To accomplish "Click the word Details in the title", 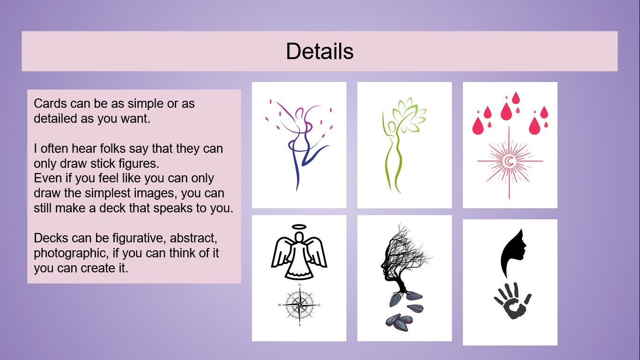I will (x=320, y=51).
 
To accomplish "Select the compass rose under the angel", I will (x=299, y=305).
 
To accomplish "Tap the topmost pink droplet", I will (x=516, y=97).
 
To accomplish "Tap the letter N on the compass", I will (x=299, y=285).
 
